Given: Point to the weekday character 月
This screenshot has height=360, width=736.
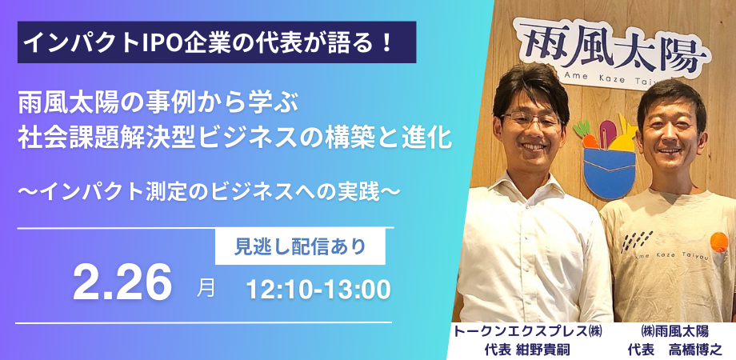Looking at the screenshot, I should (206, 287).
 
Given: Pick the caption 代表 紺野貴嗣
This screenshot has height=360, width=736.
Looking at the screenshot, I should (528, 350).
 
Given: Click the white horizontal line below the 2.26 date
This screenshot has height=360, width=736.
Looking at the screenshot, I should (204, 322).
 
